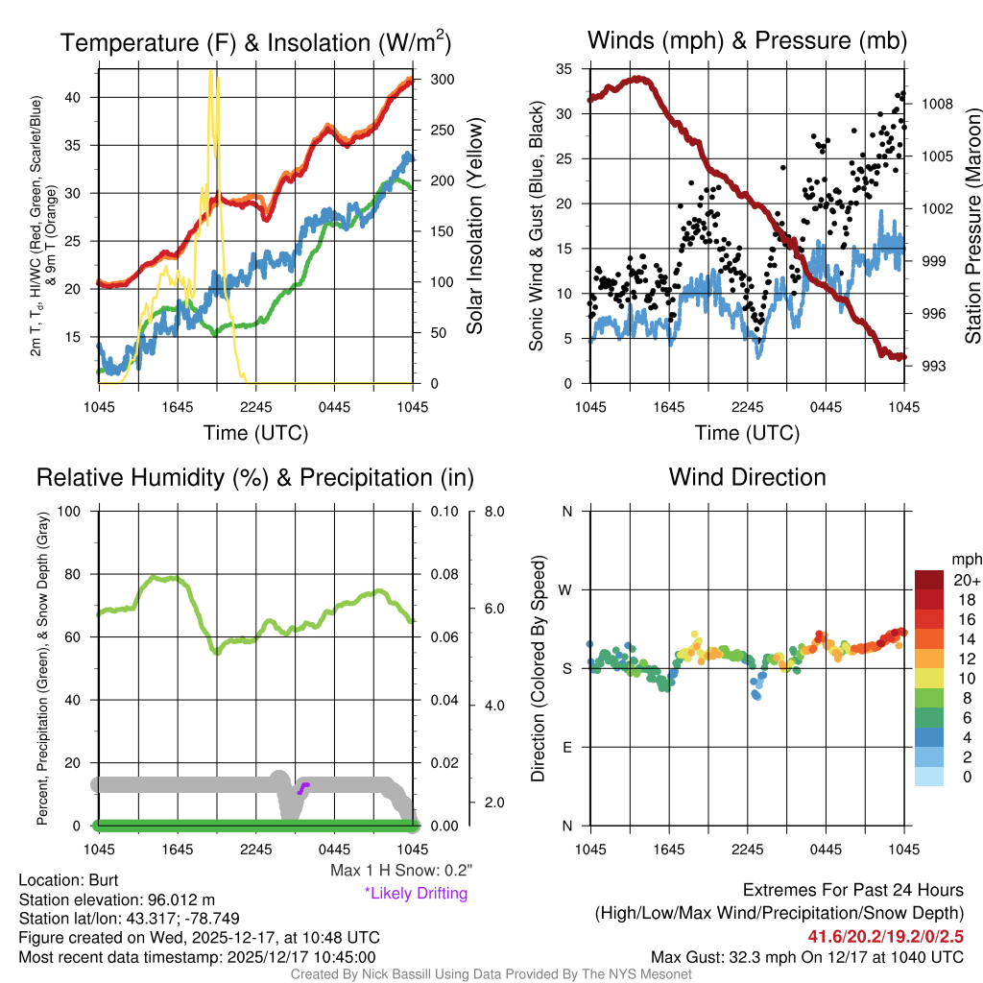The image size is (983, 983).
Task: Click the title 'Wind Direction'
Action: pos(747,477)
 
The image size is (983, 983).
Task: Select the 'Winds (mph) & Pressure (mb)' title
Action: pos(747,40)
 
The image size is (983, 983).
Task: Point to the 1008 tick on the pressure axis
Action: pos(936,104)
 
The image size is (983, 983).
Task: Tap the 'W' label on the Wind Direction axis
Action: pos(566,589)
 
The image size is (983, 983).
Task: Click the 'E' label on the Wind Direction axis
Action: pos(566,747)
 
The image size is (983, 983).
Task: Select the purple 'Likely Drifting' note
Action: pos(416,894)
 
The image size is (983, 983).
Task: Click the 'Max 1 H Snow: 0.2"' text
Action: pos(401,871)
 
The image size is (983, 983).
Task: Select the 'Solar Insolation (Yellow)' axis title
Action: pos(474,226)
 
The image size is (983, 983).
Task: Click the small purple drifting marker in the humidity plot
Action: pos(303,788)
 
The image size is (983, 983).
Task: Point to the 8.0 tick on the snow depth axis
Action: pos(495,511)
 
